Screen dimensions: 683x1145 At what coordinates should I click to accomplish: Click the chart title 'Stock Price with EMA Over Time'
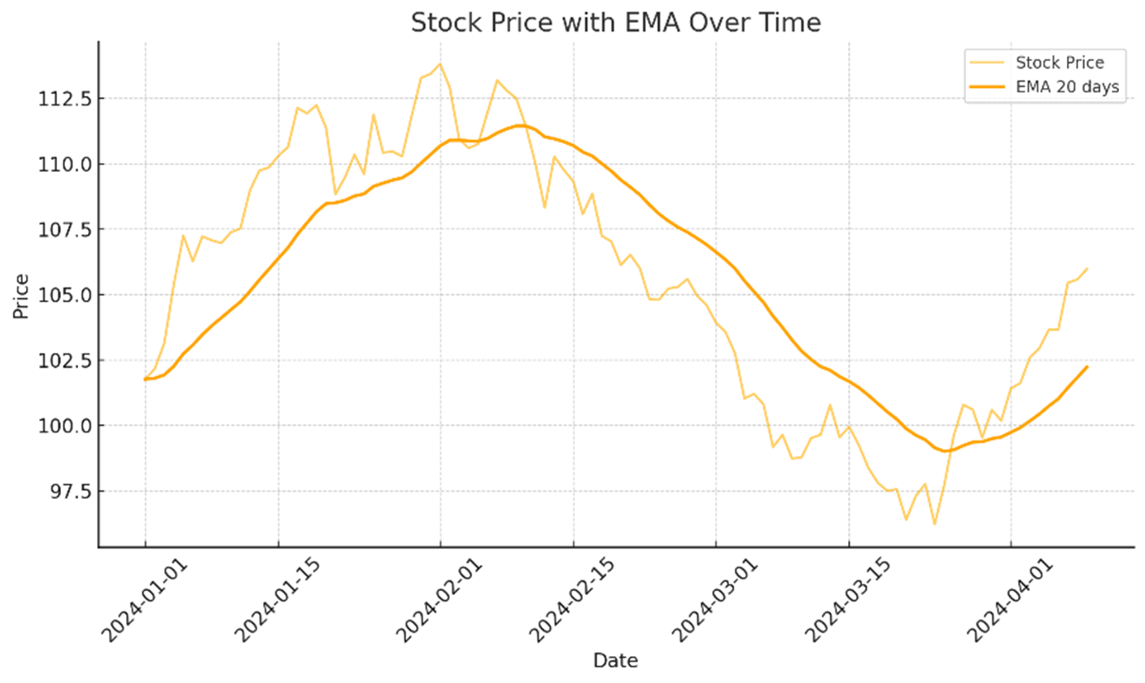click(615, 22)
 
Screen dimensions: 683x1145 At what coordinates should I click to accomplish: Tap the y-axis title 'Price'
click(20, 296)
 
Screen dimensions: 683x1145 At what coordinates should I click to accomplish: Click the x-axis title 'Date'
click(615, 660)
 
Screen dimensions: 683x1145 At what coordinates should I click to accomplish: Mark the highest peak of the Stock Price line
click(440, 63)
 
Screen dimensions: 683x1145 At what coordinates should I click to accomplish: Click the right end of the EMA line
click(1087, 366)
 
